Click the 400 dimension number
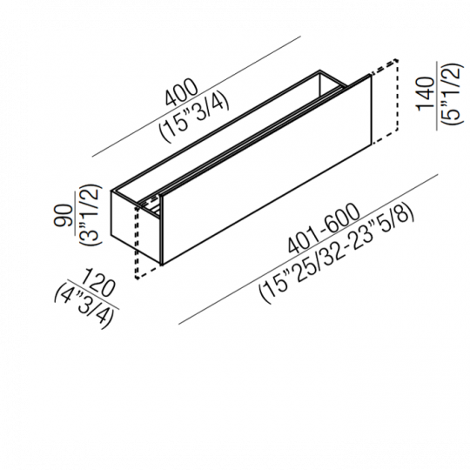181,92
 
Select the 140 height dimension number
426,94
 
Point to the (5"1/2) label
451,94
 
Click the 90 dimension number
64,215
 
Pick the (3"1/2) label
90,215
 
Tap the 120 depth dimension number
98,282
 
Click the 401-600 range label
324,229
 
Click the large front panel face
267,171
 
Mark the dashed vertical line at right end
398,96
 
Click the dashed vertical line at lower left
136,242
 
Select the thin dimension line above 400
197,97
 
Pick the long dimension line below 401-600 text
308,249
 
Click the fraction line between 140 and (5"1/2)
437,96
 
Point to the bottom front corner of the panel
162,265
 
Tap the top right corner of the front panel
371,76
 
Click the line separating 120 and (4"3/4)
92,294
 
